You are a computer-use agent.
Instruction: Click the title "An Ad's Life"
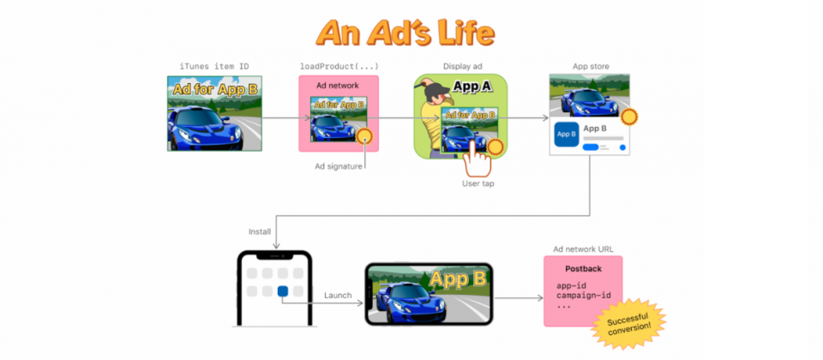pos(405,33)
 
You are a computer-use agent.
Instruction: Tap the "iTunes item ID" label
pos(214,67)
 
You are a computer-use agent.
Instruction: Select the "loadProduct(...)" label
pos(339,67)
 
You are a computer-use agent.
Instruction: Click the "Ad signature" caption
pos(339,166)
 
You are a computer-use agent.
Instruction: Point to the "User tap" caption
pos(478,183)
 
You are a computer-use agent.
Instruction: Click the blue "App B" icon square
pos(567,135)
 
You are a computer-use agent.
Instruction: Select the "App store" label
pos(591,67)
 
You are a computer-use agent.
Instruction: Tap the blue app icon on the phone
pos(283,291)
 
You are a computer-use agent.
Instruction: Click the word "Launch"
pos(338,296)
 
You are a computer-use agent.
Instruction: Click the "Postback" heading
pos(583,268)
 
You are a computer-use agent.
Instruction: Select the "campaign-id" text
pos(584,295)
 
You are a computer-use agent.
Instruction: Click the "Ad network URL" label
pos(583,249)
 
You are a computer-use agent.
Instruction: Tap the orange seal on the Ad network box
pos(364,137)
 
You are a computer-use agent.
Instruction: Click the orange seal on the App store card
pos(628,117)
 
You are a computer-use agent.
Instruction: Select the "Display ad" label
pos(462,67)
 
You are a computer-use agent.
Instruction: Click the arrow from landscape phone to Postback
pos(519,298)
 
